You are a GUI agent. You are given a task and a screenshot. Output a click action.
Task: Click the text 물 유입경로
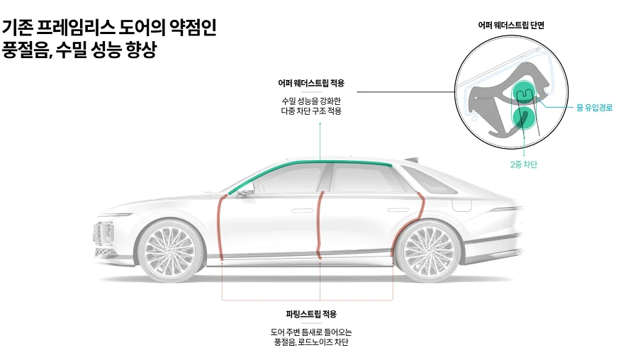tap(594, 108)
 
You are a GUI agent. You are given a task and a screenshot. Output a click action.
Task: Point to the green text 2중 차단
tap(524, 164)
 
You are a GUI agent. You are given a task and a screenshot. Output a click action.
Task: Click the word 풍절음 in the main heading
tap(24, 52)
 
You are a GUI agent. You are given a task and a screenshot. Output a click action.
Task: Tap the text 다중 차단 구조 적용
tap(311, 111)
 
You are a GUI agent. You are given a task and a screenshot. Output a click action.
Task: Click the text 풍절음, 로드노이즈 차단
tap(311, 342)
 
